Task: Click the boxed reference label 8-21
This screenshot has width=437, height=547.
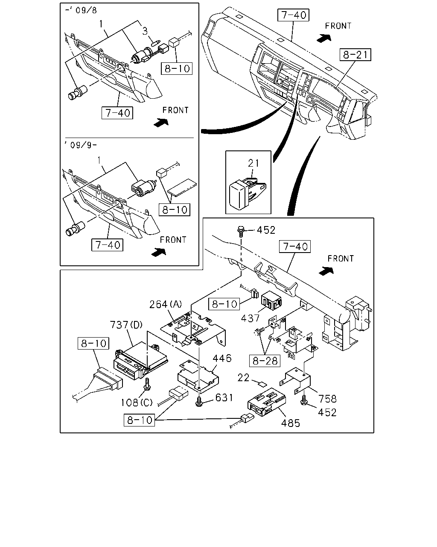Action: (x=355, y=55)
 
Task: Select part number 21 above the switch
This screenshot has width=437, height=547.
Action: (x=253, y=163)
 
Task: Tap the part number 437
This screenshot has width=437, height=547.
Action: (x=250, y=318)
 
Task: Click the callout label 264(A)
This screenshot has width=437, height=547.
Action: (x=165, y=304)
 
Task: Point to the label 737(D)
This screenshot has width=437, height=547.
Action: (x=126, y=325)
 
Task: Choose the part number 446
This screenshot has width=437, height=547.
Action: (x=222, y=359)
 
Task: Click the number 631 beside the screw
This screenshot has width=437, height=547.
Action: (x=224, y=398)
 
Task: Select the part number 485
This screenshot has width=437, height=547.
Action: (x=291, y=423)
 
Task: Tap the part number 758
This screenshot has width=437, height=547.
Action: (x=328, y=399)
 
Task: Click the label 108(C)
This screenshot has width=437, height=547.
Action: (x=137, y=403)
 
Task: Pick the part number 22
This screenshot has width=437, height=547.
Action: (x=243, y=378)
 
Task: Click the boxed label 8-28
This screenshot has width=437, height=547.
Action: (x=265, y=361)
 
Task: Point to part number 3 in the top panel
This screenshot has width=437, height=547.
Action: (x=145, y=31)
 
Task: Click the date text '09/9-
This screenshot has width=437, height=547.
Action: (x=81, y=145)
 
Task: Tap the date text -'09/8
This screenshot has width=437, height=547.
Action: (x=81, y=10)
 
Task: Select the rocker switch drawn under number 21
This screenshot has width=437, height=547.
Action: (x=247, y=194)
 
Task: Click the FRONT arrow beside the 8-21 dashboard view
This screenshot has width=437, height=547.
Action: (x=324, y=38)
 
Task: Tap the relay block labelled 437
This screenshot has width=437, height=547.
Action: (x=271, y=300)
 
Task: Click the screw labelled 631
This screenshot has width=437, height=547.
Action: (x=199, y=401)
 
